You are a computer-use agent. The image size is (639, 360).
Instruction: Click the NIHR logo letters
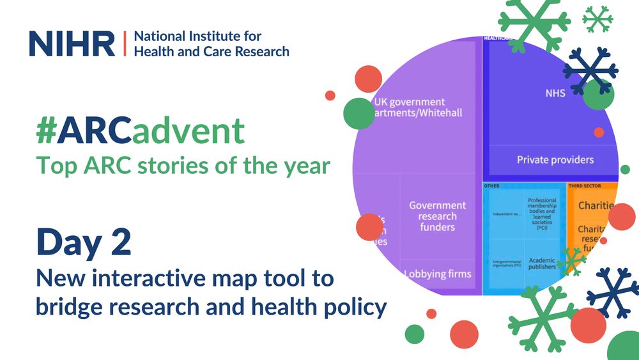tap(72, 43)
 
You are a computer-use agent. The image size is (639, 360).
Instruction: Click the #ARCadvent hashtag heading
tap(141, 131)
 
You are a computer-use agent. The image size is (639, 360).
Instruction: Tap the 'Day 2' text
tap(83, 242)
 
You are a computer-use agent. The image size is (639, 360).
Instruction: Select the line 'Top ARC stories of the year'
tap(183, 166)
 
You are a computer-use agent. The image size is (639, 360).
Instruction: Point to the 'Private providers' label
tap(555, 159)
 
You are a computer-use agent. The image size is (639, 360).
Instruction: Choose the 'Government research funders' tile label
tap(438, 216)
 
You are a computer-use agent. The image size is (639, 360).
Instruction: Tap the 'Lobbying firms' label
tap(438, 274)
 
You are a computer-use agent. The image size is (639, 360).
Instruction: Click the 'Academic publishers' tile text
tap(542, 263)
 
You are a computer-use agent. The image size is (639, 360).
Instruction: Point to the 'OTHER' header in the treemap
tap(491, 186)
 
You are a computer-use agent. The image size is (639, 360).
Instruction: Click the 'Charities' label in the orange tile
tap(596, 205)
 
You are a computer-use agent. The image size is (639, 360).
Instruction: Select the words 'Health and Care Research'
tap(211, 51)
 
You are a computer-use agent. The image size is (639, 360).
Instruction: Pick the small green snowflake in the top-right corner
tap(597, 19)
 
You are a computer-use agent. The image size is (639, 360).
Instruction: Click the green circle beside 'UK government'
tap(358, 113)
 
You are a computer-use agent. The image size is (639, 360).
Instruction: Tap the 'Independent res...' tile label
tap(504, 214)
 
